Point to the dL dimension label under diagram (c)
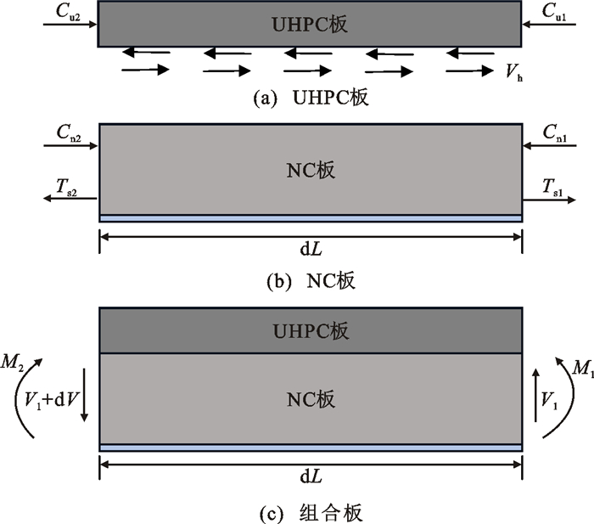(311, 478)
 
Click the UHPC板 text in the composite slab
(311, 330)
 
